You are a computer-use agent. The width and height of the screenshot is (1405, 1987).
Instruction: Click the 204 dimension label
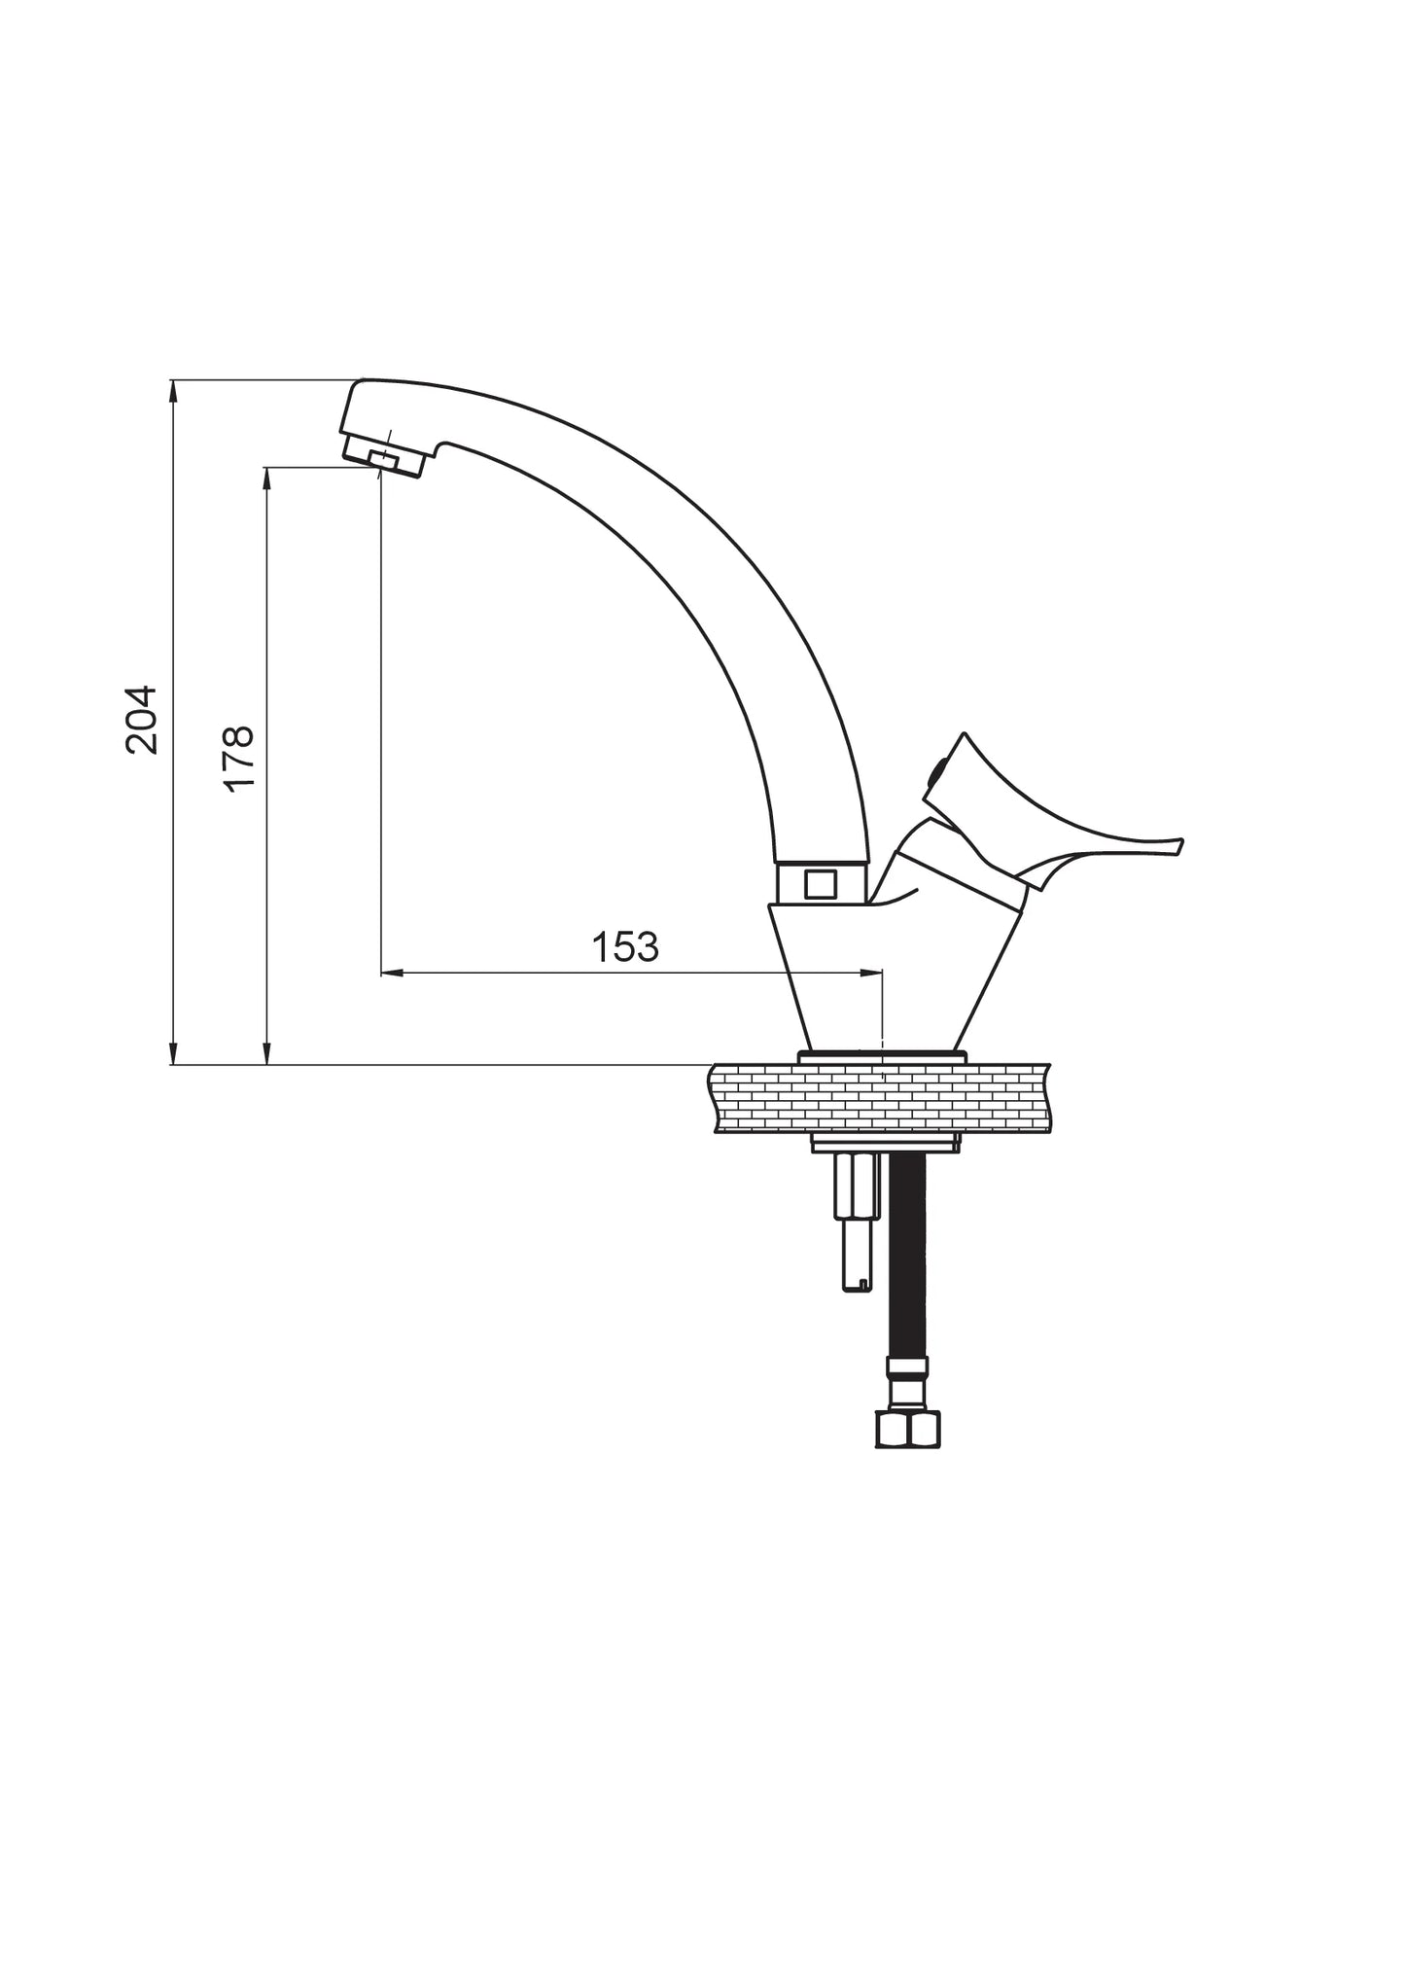[142, 720]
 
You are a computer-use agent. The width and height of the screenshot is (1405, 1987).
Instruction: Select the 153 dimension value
[626, 946]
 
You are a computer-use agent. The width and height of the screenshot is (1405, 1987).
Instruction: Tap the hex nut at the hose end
[909, 1429]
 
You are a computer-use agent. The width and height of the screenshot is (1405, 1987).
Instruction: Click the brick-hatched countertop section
[881, 1098]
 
